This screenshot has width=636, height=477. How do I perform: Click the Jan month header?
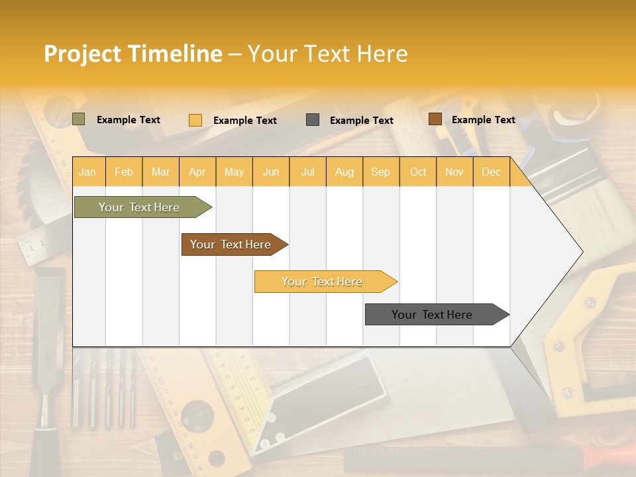[x=87, y=172]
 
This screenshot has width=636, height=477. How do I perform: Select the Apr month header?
[x=197, y=172]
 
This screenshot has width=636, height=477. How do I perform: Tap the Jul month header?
[x=307, y=172]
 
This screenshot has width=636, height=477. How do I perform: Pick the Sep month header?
[x=380, y=172]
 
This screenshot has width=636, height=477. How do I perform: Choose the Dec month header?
[x=491, y=172]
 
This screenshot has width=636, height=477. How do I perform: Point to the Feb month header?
[x=124, y=172]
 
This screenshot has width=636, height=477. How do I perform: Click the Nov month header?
[x=454, y=172]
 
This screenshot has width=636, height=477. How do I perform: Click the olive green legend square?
[x=79, y=119]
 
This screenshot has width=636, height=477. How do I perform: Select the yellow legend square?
[x=195, y=120]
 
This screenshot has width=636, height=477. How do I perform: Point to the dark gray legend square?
[x=313, y=119]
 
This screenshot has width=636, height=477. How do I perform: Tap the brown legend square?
[x=435, y=119]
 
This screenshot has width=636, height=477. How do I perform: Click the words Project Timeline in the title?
[x=133, y=54]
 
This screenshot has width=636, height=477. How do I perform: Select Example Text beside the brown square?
[x=483, y=120]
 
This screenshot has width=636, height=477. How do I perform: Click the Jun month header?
[x=271, y=172]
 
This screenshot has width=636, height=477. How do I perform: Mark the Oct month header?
[x=418, y=172]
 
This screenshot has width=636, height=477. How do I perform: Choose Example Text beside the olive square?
[x=128, y=120]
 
